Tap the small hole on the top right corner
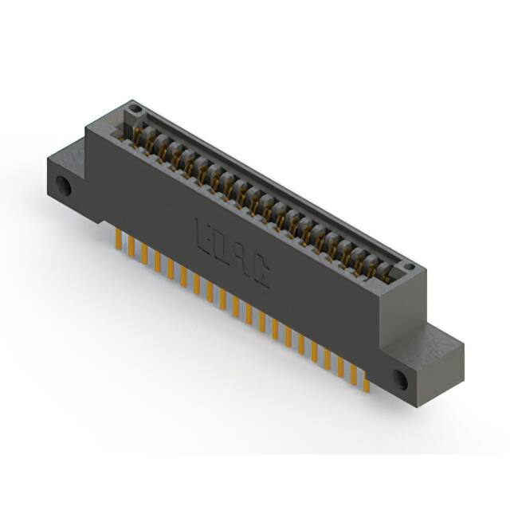pos(409,268)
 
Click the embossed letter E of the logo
pos(203,232)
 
